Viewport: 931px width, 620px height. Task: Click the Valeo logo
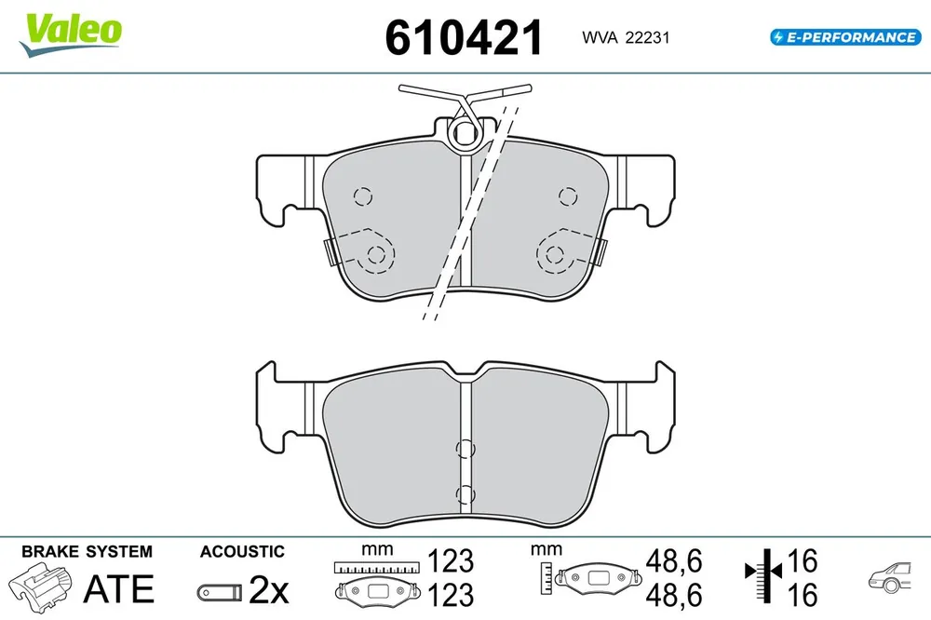[71, 34]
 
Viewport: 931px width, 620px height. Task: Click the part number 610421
[463, 37]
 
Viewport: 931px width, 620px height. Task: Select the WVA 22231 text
[626, 37]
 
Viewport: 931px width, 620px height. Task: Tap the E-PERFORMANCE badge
[845, 37]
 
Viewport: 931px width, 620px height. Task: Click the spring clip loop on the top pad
[465, 134]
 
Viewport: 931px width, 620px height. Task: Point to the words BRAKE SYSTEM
[87, 551]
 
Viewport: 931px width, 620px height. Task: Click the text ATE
[119, 588]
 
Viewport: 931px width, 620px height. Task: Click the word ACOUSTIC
[242, 551]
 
